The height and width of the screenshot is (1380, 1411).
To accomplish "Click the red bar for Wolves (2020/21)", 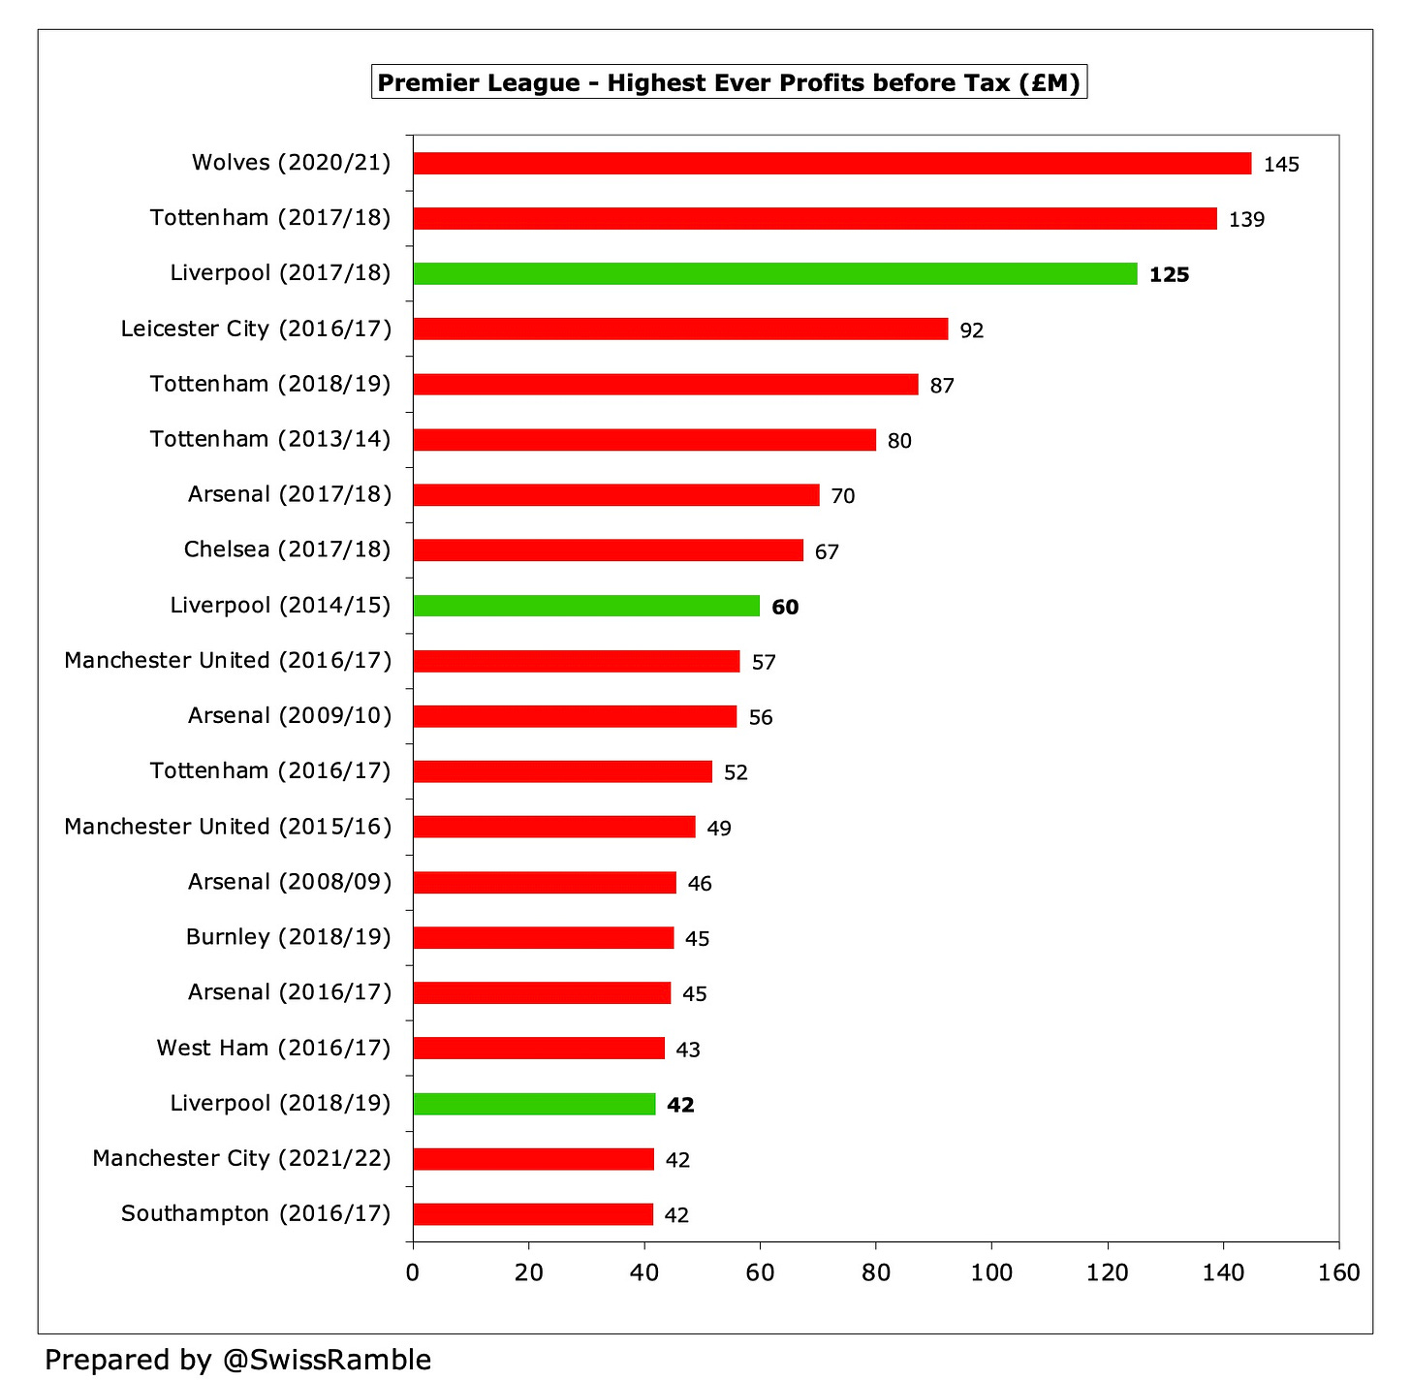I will (831, 163).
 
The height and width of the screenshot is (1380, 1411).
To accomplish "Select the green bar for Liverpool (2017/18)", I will (775, 273).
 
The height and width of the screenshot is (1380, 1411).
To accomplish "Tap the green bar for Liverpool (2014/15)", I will (586, 606).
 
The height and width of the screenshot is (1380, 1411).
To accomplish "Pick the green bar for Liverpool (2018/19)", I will (534, 1104).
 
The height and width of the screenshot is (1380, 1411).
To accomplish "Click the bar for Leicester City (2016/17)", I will (680, 329).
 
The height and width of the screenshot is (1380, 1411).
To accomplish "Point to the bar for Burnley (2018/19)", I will (543, 938).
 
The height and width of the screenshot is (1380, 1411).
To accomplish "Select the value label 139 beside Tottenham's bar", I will (1246, 219).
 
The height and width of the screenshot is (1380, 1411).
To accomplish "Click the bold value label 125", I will (1169, 274).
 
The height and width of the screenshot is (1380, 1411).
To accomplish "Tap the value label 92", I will (971, 330).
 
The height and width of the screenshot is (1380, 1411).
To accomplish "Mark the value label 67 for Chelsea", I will (827, 552).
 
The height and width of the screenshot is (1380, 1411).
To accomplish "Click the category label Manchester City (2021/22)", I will (241, 1158).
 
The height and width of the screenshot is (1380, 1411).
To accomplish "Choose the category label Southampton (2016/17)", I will (256, 1213).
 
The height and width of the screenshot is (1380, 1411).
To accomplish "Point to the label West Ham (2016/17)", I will (273, 1048).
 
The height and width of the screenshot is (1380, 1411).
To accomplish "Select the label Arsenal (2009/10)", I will (290, 715).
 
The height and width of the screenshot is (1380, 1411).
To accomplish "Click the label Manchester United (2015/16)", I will (228, 827).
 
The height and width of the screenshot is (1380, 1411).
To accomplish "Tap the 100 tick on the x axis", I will (991, 1272).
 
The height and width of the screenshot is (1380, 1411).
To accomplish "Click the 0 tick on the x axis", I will (414, 1272).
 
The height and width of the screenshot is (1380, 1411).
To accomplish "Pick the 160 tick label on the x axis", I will (1339, 1272).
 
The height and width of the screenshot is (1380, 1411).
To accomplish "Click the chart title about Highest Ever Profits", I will (729, 82).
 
